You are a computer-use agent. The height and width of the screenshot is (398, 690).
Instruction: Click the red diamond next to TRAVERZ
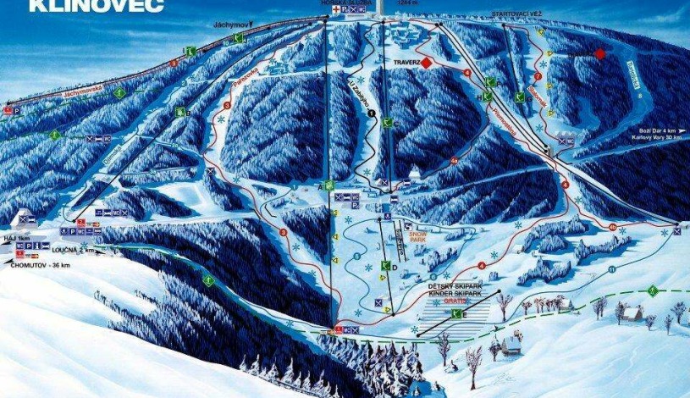point(428,63)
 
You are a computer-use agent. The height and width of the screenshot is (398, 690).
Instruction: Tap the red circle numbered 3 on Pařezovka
point(227,105)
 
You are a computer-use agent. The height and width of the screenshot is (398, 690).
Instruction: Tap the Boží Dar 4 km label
point(661,130)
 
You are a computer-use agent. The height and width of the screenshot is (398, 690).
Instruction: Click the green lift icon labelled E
point(457,313)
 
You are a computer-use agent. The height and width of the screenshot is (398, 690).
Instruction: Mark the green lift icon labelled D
point(386,269)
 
